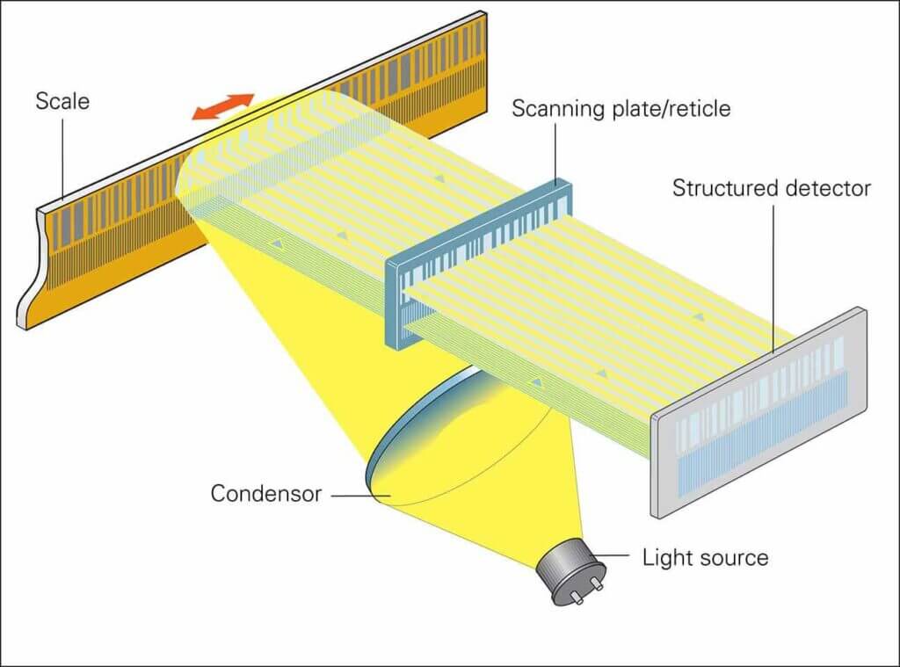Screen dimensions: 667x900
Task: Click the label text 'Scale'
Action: (62, 101)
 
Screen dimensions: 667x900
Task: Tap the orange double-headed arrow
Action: (224, 106)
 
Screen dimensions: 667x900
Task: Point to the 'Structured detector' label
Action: (771, 188)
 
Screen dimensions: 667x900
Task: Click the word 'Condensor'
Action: (265, 494)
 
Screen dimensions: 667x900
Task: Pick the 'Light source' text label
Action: (705, 557)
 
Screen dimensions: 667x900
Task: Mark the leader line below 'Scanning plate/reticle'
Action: (556, 154)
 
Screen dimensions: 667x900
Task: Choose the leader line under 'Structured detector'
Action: (774, 272)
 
